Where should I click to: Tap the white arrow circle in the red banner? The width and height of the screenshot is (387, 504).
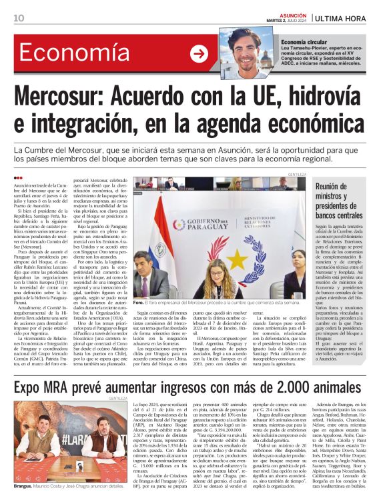pyautogui.click(x=199, y=54)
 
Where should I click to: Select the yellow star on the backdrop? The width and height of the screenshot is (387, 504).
pyautogui.click(x=237, y=257)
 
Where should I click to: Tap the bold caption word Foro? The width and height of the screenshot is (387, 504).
pyautogui.click(x=139, y=302)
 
